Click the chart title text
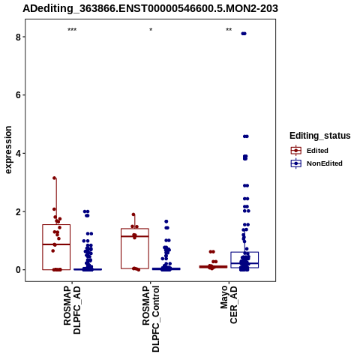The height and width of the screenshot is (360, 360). tap(150, 9)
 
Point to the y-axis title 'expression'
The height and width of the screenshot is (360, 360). tap(8, 150)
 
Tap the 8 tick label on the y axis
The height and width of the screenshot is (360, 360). tap(18, 37)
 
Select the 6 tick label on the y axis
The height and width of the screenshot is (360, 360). tap(18, 95)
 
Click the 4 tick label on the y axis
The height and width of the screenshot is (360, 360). tap(18, 154)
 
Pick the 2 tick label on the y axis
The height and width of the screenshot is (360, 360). tap(18, 211)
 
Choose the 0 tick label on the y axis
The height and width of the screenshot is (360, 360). tap(18, 270)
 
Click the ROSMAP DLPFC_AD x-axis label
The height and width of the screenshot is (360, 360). tap(72, 310)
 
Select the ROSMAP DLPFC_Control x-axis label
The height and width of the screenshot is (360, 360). tap(151, 319)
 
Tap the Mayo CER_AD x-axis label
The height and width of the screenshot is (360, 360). tap(229, 304)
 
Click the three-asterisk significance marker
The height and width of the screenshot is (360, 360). tap(72, 30)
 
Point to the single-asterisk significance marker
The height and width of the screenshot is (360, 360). tap(151, 30)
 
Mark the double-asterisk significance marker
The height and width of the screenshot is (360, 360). tap(229, 30)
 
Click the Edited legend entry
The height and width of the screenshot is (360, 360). tap(310, 151)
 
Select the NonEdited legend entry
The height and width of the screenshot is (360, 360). tap(316, 163)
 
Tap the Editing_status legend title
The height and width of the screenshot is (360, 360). tap(320, 136)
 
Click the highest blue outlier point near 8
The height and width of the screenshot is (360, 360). tap(244, 34)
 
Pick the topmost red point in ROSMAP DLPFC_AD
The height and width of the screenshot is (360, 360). tap(54, 178)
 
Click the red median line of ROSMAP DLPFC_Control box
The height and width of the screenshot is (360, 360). tap(135, 236)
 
